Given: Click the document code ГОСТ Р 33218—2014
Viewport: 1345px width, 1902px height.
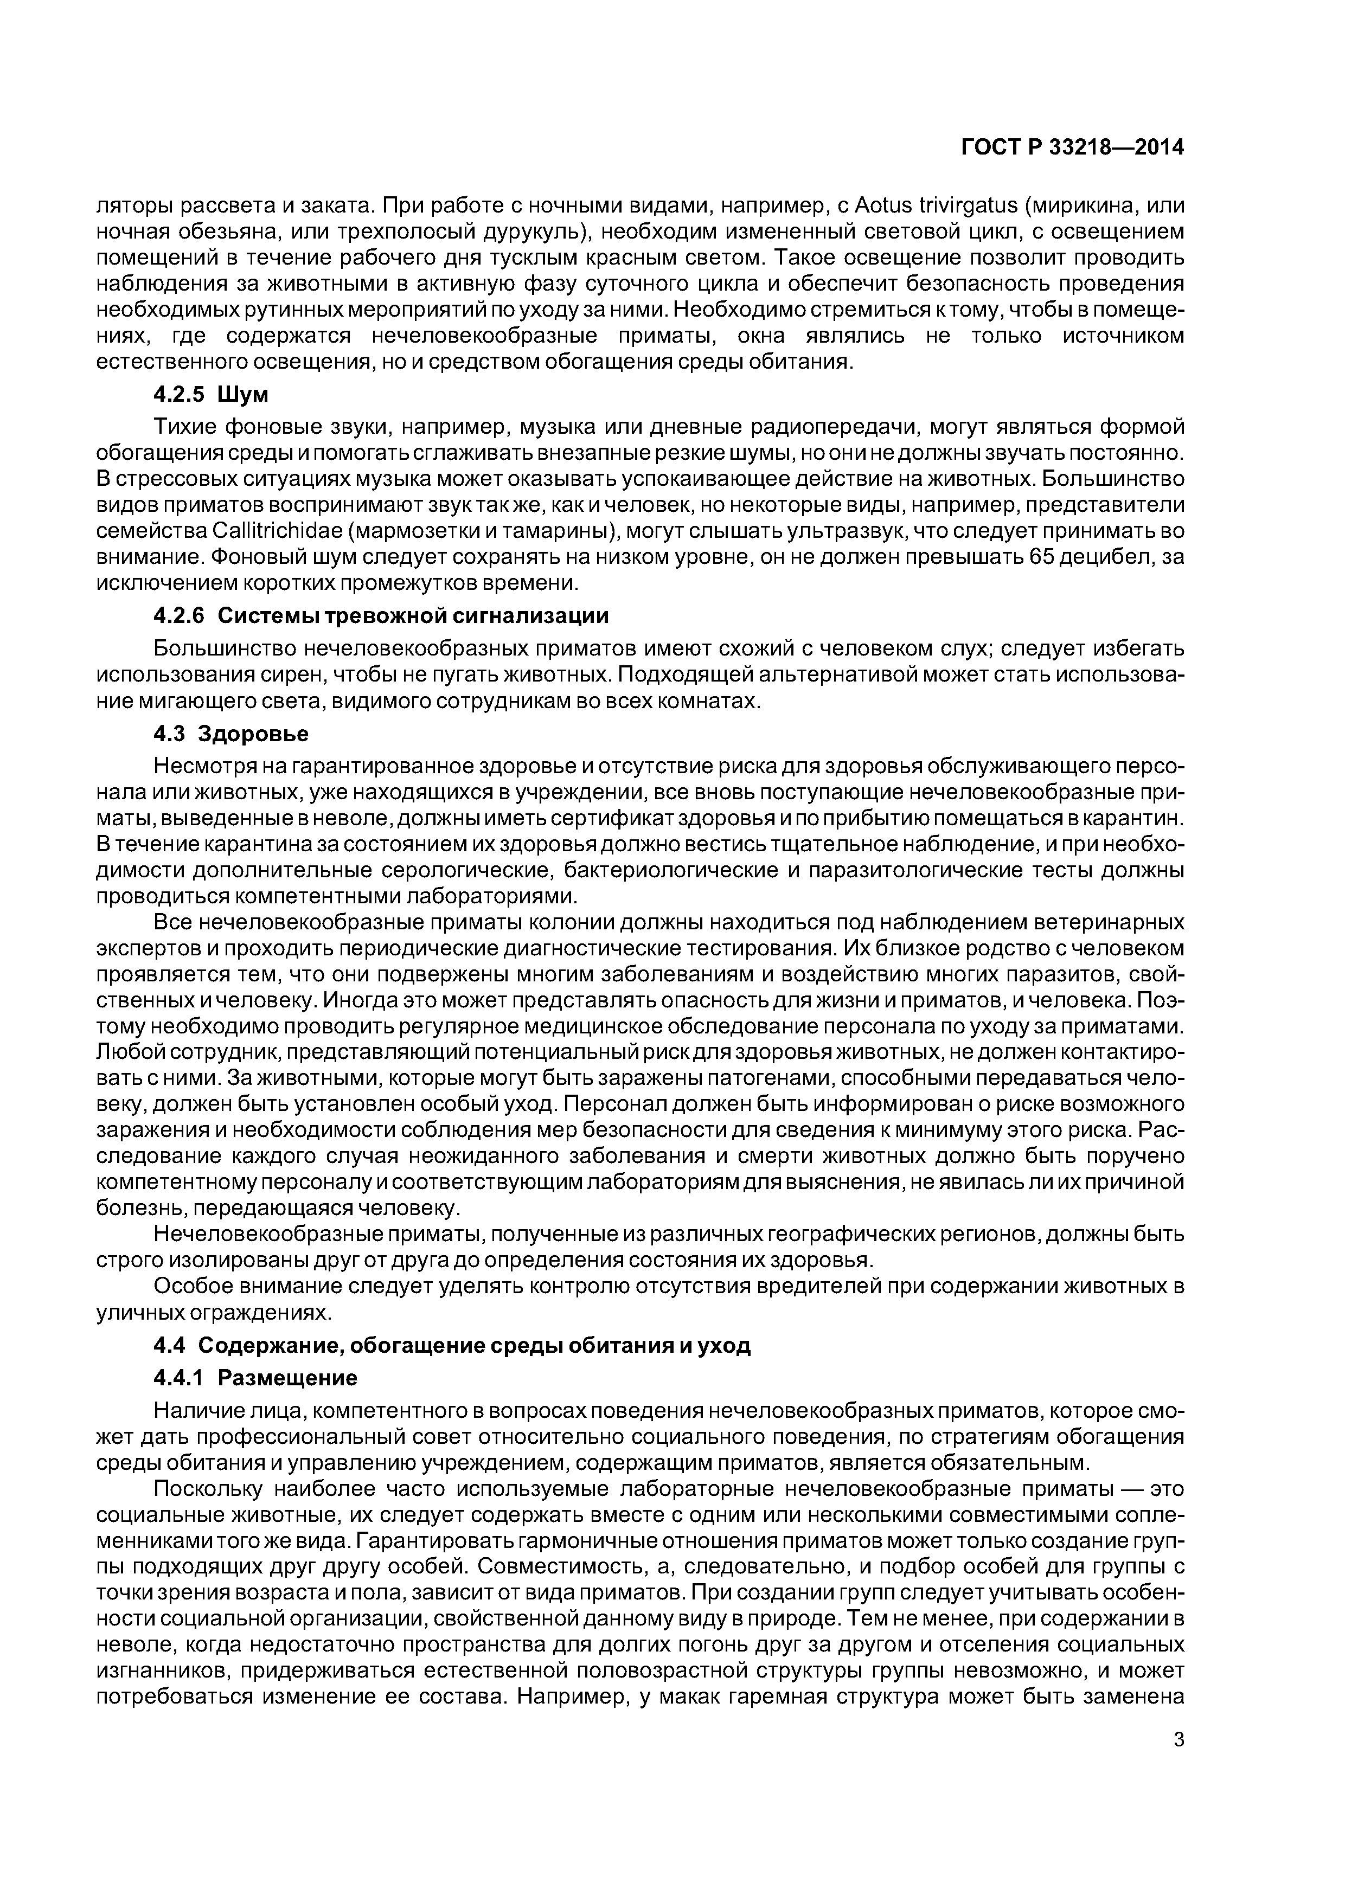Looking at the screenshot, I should point(1072,147).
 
